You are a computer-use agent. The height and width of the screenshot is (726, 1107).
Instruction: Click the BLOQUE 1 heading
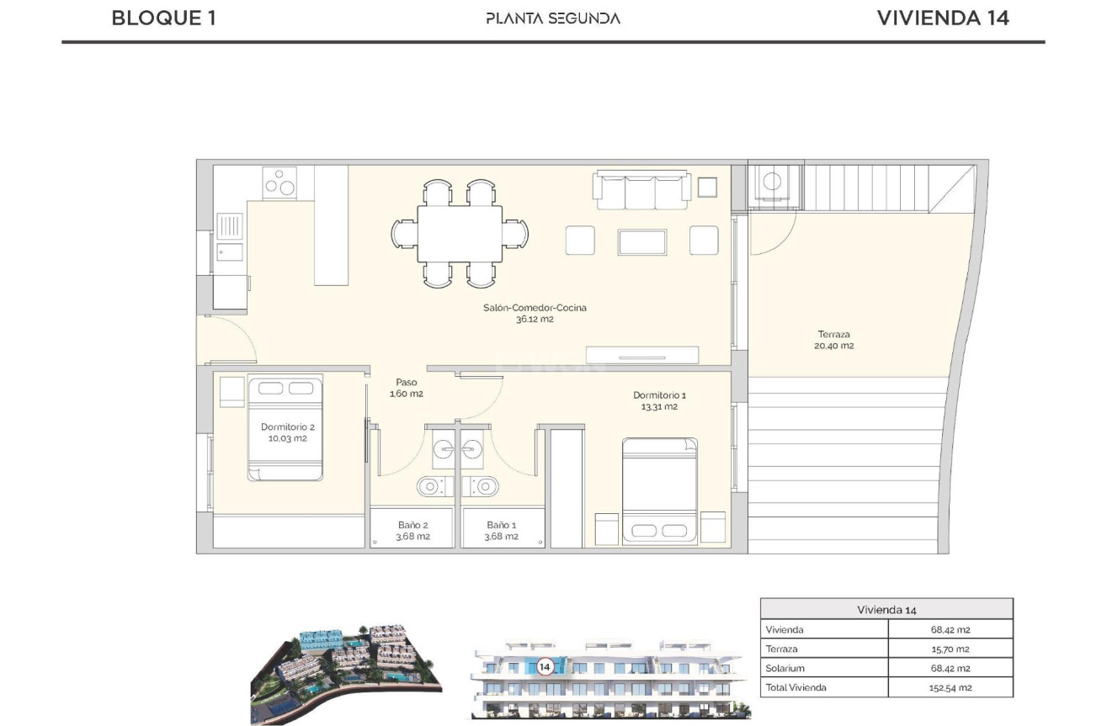163,19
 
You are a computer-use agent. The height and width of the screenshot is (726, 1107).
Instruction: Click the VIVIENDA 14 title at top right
943,19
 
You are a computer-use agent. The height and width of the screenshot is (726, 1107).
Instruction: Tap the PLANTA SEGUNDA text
553,19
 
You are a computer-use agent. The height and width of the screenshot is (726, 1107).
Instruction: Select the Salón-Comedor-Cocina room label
535,313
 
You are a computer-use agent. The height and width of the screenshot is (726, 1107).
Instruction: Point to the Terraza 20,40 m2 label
833,340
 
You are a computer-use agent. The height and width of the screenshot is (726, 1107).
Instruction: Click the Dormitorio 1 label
659,400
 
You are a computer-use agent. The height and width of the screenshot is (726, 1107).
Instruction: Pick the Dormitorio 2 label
288,432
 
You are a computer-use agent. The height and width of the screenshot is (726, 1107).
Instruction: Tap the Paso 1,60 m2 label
407,388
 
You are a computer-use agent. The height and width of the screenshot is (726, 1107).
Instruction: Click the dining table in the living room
460,234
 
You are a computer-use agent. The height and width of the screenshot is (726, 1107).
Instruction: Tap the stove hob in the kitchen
279,183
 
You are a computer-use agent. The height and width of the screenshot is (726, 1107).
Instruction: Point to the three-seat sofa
641,190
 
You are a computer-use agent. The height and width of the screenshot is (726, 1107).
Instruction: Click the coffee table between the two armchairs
642,242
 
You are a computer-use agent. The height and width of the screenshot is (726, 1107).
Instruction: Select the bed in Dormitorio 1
660,491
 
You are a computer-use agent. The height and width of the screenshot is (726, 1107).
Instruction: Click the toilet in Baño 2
434,487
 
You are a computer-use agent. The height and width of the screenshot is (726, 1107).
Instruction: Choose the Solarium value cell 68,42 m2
950,668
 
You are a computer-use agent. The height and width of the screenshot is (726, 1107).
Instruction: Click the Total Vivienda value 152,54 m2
950,687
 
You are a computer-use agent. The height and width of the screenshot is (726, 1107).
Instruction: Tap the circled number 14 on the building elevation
545,667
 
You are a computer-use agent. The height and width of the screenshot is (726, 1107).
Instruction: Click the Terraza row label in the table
781,649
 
